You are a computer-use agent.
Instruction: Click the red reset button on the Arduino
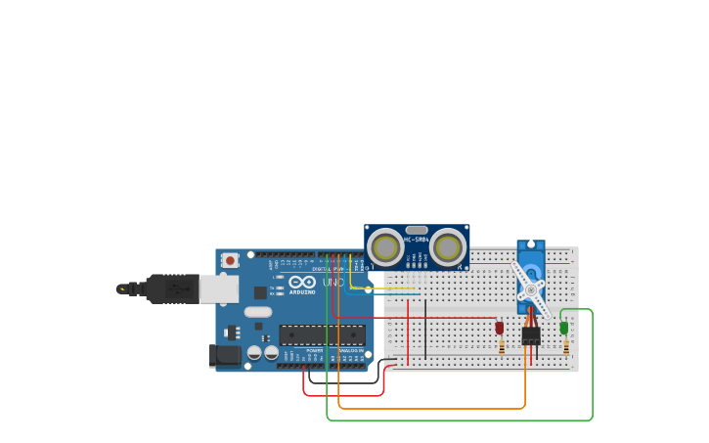click(230, 260)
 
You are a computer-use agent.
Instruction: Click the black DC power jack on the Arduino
click(225, 355)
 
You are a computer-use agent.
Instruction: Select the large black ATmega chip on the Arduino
click(322, 334)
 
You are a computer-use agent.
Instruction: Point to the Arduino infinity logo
click(301, 282)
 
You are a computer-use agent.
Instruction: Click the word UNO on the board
click(333, 282)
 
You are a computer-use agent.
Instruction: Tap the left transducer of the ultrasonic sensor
click(386, 247)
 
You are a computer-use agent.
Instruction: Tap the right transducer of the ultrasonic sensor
click(448, 247)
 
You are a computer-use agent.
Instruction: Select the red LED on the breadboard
click(500, 327)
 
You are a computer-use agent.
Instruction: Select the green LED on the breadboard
click(564, 328)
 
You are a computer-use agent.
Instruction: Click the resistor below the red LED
click(502, 346)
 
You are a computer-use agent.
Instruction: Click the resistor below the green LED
click(565, 347)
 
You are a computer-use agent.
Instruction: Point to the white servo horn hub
click(531, 289)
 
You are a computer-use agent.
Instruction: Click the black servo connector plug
click(531, 335)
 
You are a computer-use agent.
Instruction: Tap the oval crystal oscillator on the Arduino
click(257, 312)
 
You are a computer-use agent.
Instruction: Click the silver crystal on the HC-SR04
click(417, 231)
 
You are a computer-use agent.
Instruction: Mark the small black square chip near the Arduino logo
click(260, 291)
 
